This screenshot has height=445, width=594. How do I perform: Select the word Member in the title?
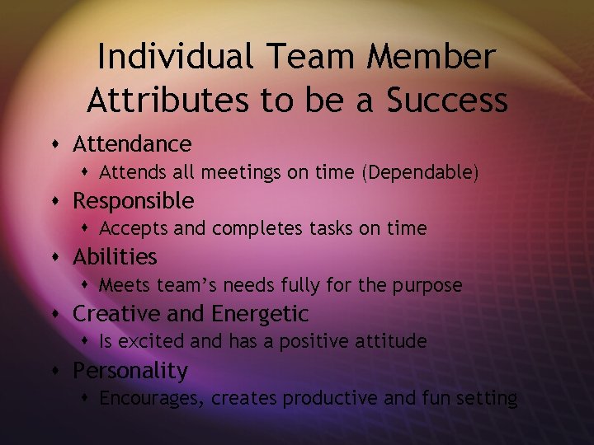tap(435, 57)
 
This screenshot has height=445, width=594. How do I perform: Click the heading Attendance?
tap(132, 144)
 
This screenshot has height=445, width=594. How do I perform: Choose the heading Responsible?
tap(134, 201)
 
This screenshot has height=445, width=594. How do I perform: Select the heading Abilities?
tap(115, 257)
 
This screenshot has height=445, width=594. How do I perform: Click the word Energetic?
tap(260, 314)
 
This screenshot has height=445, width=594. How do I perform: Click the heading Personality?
tap(130, 371)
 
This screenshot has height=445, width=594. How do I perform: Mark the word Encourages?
tap(152, 399)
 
